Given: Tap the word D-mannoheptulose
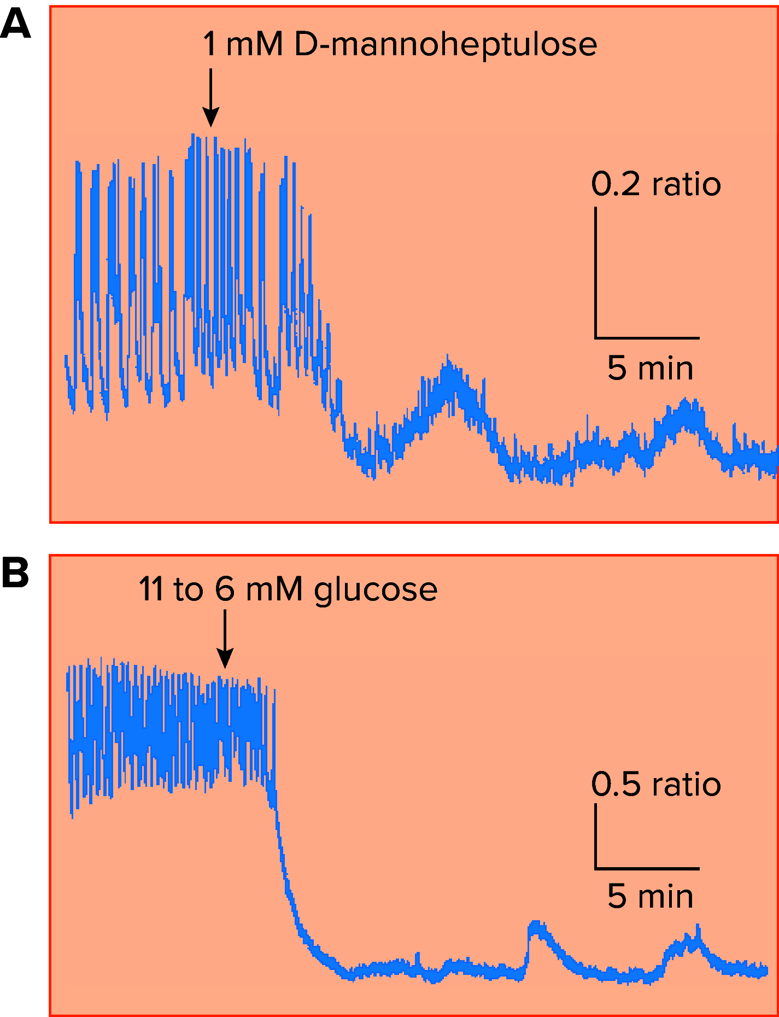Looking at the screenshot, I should pyautogui.click(x=445, y=45).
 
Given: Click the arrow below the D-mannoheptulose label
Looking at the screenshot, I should pyautogui.click(x=210, y=98).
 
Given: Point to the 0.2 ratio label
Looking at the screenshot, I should pyautogui.click(x=655, y=184).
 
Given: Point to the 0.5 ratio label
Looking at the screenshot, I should pyautogui.click(x=655, y=785).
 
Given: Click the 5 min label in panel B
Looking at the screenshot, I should pyautogui.click(x=650, y=896).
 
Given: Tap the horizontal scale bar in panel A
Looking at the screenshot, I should pyautogui.click(x=647, y=338).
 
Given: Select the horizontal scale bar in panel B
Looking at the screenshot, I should pyautogui.click(x=647, y=868).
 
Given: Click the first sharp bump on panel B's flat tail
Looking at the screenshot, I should pyautogui.click(x=536, y=929).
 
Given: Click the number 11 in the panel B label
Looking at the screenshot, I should pyautogui.click(x=151, y=589).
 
